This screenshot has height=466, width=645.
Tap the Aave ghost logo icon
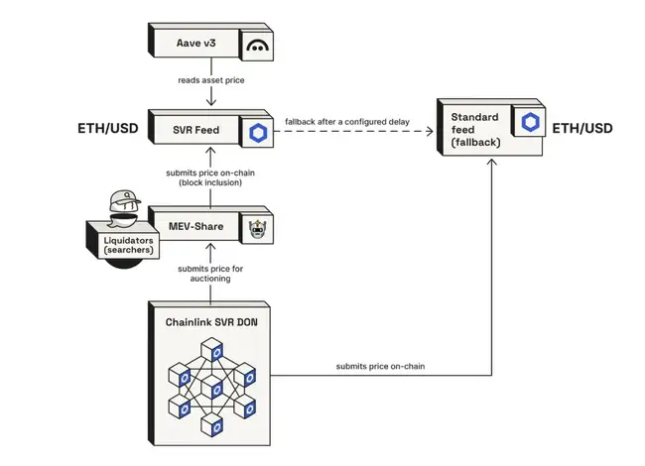click(258, 46)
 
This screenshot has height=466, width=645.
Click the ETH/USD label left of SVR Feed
click(107, 130)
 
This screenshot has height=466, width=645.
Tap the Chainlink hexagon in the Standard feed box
click(526, 123)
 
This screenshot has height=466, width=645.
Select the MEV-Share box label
click(194, 228)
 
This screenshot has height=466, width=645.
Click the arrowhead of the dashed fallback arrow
click(432, 131)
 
